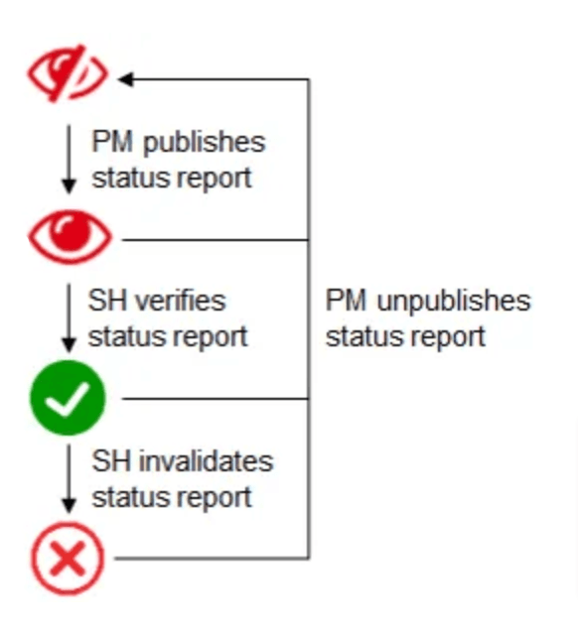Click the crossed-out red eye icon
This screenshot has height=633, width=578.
[x=68, y=73]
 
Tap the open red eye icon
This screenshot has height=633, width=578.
[x=70, y=236]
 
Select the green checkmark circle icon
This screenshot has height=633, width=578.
[x=68, y=398]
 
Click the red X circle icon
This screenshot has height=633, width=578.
[x=68, y=559]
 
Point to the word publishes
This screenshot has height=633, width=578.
[x=205, y=143]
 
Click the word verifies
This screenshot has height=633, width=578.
[x=180, y=301]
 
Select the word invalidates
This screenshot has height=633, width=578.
[x=207, y=461]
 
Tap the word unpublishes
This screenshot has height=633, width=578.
[x=454, y=302]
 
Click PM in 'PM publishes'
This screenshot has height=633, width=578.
[x=112, y=142]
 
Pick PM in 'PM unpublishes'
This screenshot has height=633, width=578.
[x=346, y=301]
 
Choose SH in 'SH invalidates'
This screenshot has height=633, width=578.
[x=111, y=461]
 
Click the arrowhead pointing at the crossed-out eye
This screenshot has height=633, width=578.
[x=125, y=79]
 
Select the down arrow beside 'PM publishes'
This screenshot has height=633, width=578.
[x=69, y=159]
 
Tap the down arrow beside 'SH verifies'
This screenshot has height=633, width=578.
[x=69, y=318]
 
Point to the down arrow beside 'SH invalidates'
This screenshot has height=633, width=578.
[x=69, y=479]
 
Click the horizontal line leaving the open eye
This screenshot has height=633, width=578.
[x=216, y=240]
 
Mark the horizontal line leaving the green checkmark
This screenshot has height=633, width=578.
[x=216, y=399]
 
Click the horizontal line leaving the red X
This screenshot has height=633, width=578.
[x=212, y=559]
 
